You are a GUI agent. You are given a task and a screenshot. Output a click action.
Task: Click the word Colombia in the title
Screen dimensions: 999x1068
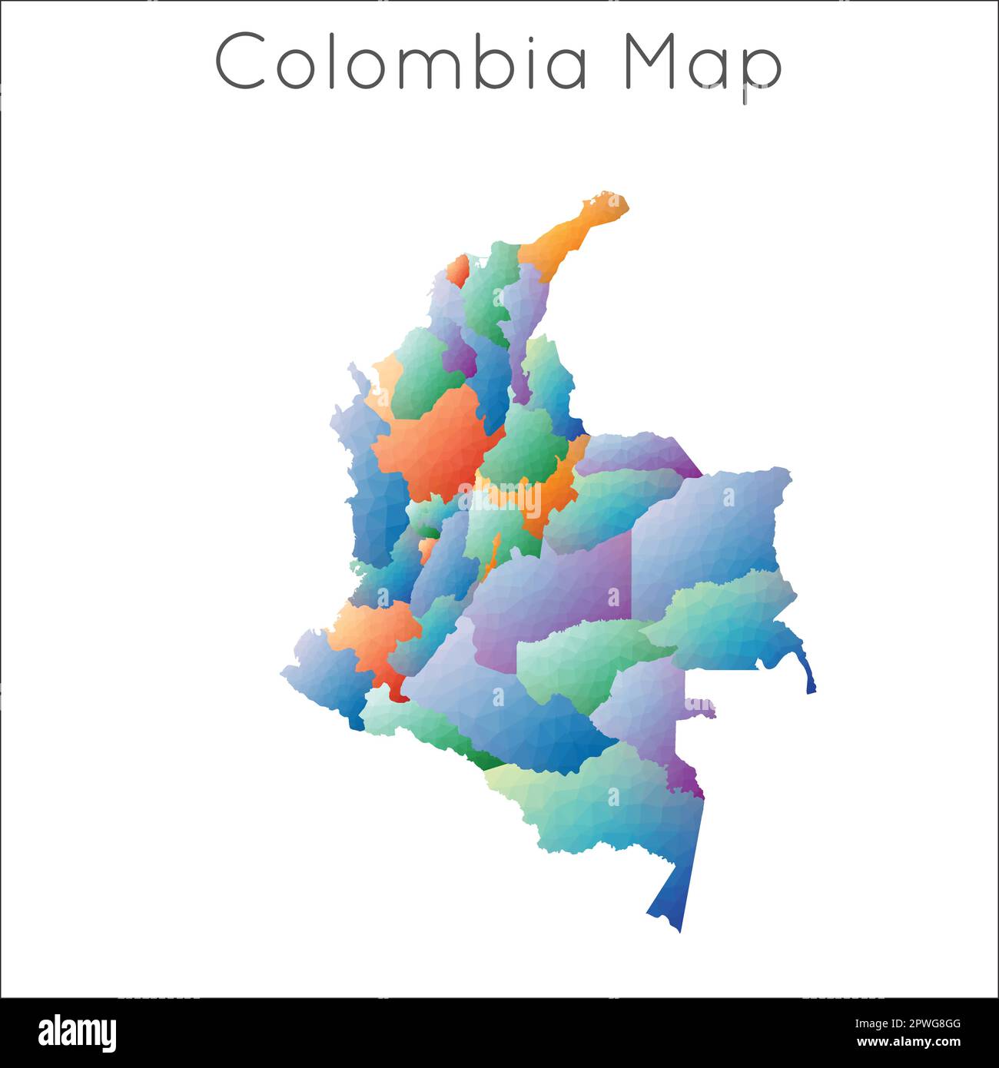pos(402,61)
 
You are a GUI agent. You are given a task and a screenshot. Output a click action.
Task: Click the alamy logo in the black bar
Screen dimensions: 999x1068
pos(77,1033)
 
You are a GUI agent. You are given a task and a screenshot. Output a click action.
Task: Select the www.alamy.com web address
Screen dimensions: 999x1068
pos(909,1043)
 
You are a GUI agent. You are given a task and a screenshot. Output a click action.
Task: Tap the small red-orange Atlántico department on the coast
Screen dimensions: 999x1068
pos(458,270)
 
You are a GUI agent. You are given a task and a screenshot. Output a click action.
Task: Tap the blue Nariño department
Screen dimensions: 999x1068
pos(323,676)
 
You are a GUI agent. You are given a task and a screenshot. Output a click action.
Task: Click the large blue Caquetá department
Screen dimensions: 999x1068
pos(499,707)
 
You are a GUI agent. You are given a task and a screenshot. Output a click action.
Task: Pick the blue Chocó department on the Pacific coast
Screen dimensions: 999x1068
pos(369,476)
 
